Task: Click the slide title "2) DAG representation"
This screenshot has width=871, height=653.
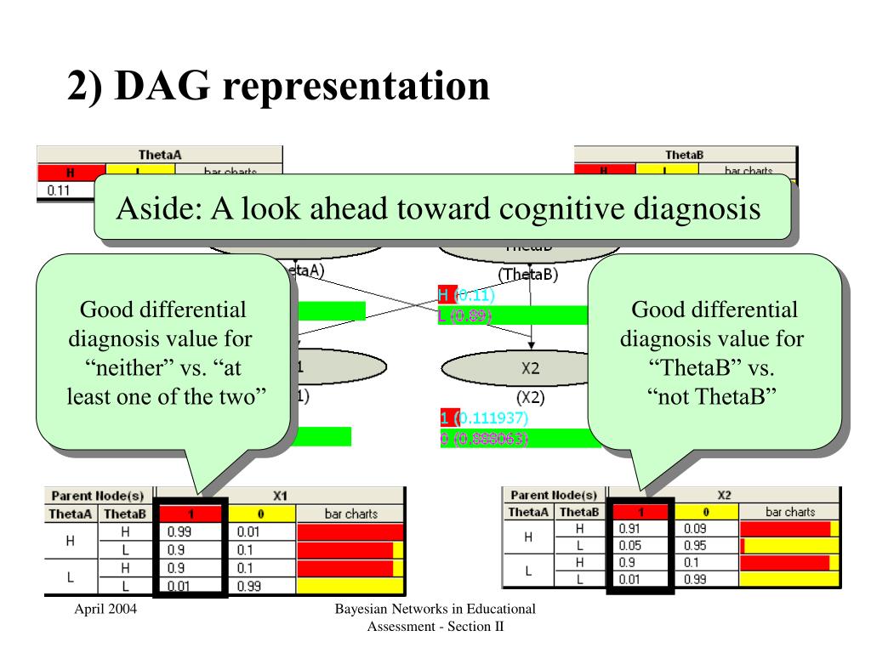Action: point(279,87)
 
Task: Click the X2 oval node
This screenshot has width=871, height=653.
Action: point(530,368)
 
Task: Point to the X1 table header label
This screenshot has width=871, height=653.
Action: point(280,496)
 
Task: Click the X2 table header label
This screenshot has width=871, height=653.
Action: point(724,495)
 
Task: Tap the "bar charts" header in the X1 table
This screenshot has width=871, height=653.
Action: point(350,514)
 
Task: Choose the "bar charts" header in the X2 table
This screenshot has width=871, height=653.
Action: point(790,512)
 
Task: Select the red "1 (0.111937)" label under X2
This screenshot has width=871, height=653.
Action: point(484,418)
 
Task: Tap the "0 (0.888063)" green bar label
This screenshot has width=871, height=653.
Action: point(484,440)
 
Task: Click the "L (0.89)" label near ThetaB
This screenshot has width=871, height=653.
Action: point(464,315)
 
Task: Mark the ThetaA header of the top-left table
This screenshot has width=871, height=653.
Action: point(160,155)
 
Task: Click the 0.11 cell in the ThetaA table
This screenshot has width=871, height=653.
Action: point(59,190)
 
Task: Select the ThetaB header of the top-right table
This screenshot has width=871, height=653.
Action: point(685,155)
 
